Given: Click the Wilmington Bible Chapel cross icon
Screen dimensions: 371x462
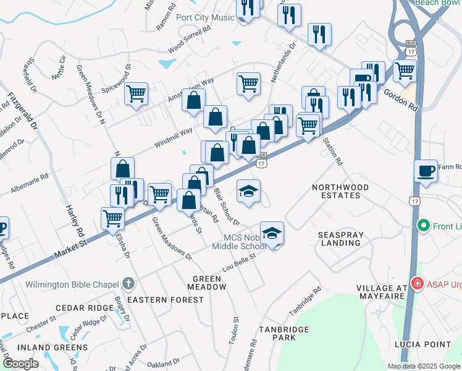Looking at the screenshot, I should pos(128,284).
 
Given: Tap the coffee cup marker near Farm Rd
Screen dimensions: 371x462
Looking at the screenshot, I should pos(426,171).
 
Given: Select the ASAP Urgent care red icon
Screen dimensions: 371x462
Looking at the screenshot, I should pos(418,284).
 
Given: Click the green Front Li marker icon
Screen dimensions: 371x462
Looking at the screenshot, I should pos(424,226).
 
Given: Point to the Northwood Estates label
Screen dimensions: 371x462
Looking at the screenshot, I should pos(340,191).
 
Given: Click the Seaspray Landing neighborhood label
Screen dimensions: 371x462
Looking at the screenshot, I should pos(339,239).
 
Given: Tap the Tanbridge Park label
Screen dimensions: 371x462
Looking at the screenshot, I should pos(284,333).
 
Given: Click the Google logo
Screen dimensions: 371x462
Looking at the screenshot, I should pos(20,364).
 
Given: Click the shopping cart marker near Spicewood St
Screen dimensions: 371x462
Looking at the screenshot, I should pos(136,93).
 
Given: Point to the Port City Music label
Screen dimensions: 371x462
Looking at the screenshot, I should pos(205,17).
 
